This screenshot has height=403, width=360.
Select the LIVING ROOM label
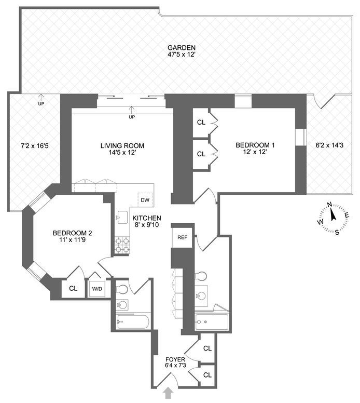(x=122, y=145)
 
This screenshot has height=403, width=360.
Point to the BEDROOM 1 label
(x=255, y=145)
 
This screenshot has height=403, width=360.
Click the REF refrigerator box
(x=182, y=237)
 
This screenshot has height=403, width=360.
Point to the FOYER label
(x=172, y=359)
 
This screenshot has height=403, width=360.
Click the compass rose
(x=331, y=218)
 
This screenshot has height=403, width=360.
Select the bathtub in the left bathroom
(x=133, y=322)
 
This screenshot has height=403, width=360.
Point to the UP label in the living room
(x=132, y=117)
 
